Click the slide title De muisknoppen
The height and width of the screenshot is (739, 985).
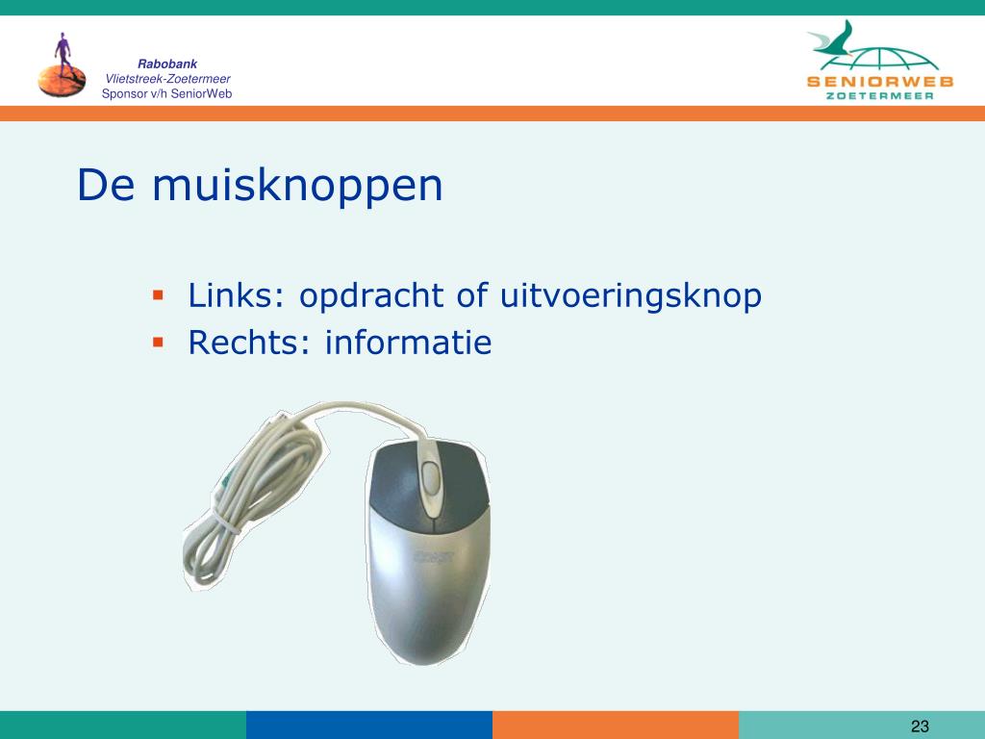(x=260, y=186)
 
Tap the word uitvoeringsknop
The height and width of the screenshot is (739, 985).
(x=631, y=296)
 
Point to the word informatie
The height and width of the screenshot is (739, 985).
(x=408, y=342)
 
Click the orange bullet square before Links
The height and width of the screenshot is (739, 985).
(x=158, y=294)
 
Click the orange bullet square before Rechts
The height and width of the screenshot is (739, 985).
(x=158, y=343)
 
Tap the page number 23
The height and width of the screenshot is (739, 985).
(x=920, y=726)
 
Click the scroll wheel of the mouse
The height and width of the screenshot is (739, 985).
(x=431, y=476)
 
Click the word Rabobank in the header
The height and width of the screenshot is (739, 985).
(x=167, y=64)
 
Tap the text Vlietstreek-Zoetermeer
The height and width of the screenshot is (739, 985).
(x=167, y=79)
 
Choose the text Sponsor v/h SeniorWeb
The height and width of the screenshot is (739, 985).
(x=167, y=94)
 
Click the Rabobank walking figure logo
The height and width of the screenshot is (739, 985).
(x=63, y=65)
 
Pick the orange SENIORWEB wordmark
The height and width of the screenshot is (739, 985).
(x=880, y=82)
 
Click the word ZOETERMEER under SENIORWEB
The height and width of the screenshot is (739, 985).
(x=879, y=96)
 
